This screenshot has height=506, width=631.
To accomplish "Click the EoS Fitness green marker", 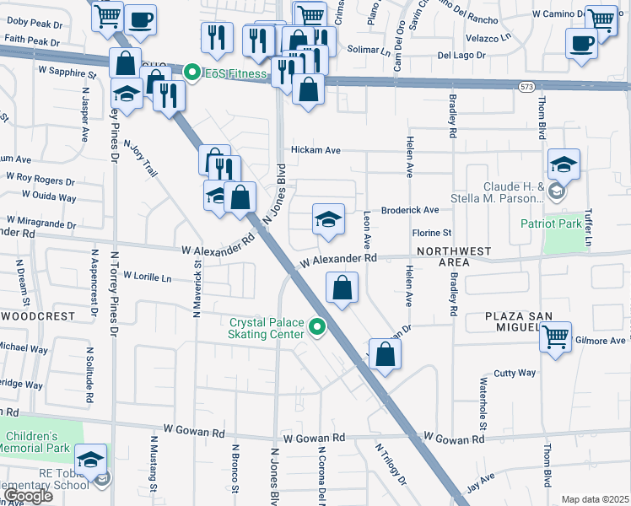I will (x=192, y=74).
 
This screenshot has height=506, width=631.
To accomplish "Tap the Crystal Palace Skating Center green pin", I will (x=318, y=326).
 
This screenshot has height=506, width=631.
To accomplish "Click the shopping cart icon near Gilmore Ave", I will (x=555, y=337).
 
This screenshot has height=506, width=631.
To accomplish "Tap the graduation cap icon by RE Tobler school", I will (x=90, y=460).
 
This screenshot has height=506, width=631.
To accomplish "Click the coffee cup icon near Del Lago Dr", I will (x=582, y=43).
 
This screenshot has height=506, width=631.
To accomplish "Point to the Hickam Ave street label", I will (x=315, y=150).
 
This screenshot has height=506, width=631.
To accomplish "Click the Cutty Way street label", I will (x=515, y=373).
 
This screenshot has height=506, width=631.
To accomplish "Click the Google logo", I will (x=29, y=496).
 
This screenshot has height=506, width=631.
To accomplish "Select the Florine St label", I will (x=432, y=233).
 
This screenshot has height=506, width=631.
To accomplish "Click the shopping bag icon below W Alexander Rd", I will (x=342, y=288).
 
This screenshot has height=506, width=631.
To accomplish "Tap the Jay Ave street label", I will (x=481, y=482).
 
